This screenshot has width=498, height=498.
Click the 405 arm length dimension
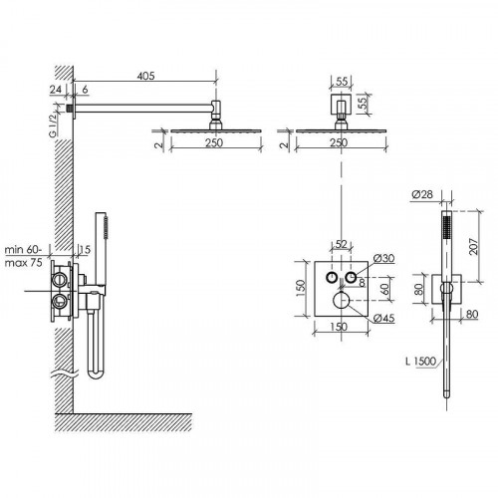tap(145, 76)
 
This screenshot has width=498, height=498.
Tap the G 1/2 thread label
tap(53, 125)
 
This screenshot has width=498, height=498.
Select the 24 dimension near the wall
tap(56, 90)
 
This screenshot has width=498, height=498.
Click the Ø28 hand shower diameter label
tap(422, 194)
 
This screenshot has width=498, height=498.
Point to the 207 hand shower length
tap(474, 246)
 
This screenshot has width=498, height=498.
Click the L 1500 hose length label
tap(420, 362)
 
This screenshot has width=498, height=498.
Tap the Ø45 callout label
tap(383, 319)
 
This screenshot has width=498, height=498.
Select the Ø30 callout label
tap(383, 258)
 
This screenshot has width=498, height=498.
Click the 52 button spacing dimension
tap(341, 244)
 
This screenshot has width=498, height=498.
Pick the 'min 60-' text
tap(24, 250)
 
